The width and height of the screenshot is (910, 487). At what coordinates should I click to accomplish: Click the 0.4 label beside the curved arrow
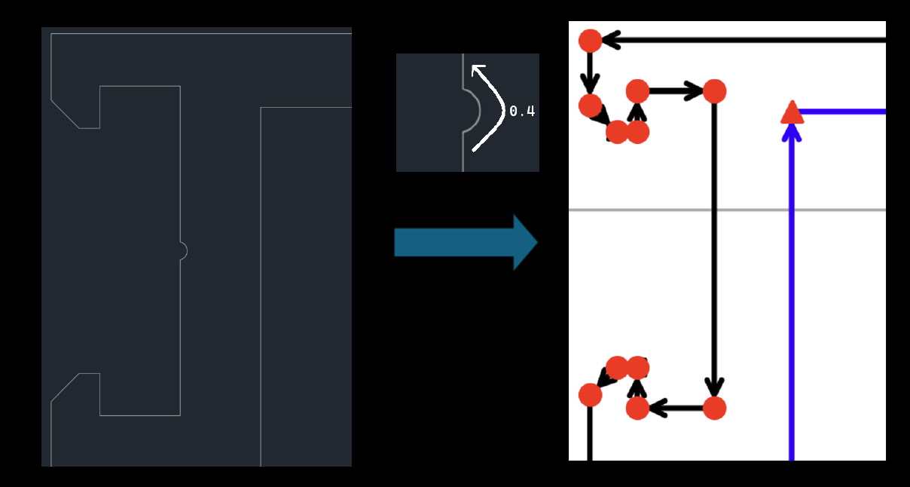point(522,112)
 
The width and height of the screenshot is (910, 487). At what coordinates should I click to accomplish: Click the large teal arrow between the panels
point(465,243)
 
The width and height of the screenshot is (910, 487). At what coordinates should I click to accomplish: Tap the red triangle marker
point(791,112)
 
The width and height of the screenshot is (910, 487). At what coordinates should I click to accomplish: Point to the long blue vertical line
point(791,302)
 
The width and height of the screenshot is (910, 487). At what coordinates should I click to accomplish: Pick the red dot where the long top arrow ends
point(590,41)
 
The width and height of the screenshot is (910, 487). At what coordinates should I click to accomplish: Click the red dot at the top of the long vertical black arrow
point(714,91)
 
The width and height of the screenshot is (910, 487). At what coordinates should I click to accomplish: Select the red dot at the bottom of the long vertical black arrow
point(714,409)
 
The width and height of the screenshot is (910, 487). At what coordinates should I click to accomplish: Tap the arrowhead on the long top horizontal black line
point(610,40)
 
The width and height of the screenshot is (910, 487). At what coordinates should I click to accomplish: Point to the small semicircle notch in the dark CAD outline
point(183,251)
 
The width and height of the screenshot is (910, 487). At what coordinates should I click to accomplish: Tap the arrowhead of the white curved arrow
point(477,70)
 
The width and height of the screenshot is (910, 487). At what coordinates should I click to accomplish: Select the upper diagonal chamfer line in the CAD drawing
point(65,114)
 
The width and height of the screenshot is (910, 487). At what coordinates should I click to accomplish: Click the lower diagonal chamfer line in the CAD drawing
point(65,387)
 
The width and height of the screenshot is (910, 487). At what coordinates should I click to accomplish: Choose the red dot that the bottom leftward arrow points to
point(637,409)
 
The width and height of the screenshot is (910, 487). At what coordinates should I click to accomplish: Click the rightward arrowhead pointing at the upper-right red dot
point(694,91)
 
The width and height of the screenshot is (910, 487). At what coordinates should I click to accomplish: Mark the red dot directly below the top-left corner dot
point(590,105)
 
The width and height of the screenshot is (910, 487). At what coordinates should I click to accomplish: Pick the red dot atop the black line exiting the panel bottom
point(590,394)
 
